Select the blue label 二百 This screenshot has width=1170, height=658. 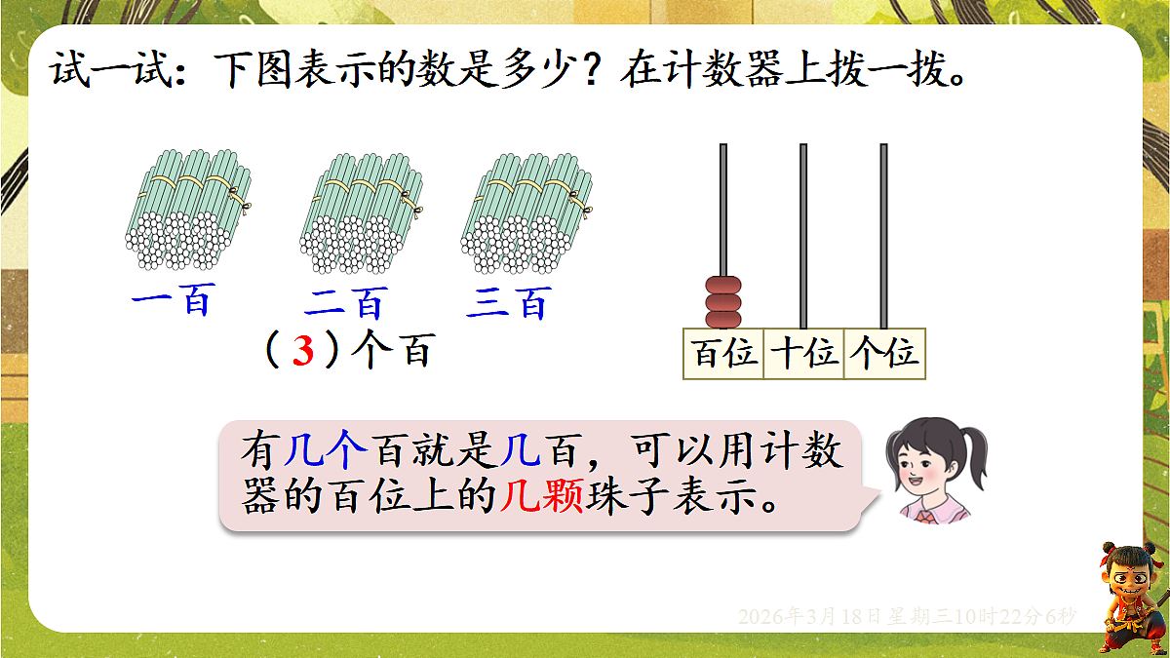pos(345,303)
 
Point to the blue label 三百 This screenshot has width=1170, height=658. pos(508,303)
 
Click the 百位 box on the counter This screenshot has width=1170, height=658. pos(724,354)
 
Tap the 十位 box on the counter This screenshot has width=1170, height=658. pos(804,354)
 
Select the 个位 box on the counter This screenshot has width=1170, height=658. pos(883,354)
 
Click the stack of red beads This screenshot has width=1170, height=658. pos(723,302)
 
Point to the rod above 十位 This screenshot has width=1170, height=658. pos(803,234)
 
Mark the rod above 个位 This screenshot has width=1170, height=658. pos(883,234)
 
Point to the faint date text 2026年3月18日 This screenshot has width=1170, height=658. pos(819,617)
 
